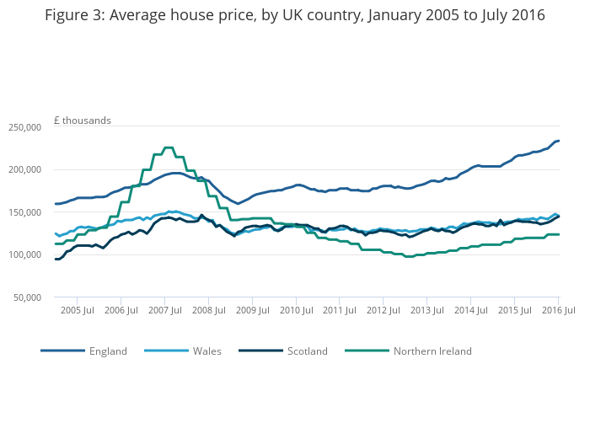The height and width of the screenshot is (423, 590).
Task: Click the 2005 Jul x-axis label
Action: tap(77, 311)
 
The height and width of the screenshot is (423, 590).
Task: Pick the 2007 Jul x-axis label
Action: tap(164, 311)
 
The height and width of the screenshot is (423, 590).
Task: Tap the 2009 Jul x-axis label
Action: tap(252, 311)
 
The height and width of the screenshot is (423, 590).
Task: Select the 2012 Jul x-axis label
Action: tap(383, 311)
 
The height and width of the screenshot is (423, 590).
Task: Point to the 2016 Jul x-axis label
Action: tap(558, 311)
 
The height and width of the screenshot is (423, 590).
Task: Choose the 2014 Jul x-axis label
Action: tap(470, 311)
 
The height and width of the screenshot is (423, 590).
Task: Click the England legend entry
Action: tap(108, 351)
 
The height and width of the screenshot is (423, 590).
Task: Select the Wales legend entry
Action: tap(206, 351)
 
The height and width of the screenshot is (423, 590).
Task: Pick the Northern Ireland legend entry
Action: tap(432, 351)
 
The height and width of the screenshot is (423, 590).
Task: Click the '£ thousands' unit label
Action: tap(83, 120)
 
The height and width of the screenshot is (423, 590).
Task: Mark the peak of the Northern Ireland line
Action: tap(168, 147)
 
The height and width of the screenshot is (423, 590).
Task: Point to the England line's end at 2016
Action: tap(559, 141)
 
